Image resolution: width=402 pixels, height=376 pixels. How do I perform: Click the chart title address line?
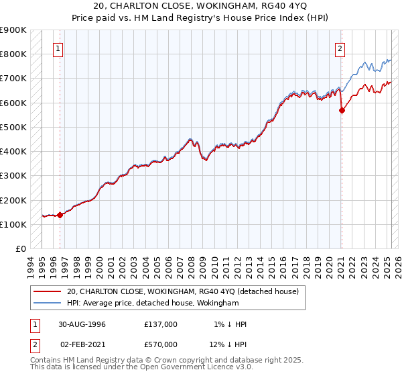coord(200,7)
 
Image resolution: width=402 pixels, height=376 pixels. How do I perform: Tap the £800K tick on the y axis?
coord(13,54)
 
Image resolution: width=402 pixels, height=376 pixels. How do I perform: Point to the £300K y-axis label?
coord(13,176)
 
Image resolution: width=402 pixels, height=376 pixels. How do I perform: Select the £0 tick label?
coord(21,249)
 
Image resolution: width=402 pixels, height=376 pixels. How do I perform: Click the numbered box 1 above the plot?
coord(59,48)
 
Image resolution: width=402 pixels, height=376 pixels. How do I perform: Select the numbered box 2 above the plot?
coord(340,48)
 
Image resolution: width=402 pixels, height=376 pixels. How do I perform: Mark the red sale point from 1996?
coord(60,216)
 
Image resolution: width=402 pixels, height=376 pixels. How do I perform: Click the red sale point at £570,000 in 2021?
coord(342,111)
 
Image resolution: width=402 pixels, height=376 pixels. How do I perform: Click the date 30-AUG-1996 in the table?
coord(82,324)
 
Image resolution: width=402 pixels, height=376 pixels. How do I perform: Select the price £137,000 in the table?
coord(161,324)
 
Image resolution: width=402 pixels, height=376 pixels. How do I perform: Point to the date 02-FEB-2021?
coord(82,344)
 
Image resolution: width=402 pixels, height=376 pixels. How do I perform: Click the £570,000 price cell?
coord(161,344)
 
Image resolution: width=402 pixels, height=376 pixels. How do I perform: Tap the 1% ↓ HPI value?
coord(230,324)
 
